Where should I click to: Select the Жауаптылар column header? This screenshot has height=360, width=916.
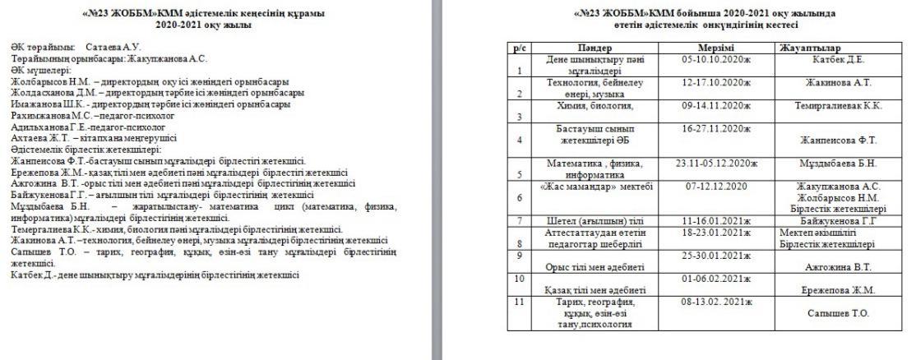[810, 50]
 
